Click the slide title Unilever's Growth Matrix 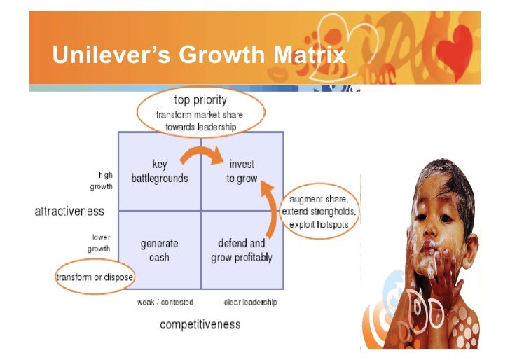(200, 55)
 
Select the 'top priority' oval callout (200, 113)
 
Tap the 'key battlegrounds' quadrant (160, 171)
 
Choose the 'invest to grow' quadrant (242, 171)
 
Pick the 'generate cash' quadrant (160, 250)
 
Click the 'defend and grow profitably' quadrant (242, 250)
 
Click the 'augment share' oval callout (319, 212)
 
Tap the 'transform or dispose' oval (95, 277)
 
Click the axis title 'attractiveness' (69, 211)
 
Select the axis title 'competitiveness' (200, 324)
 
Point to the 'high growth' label (101, 181)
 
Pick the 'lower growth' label (99, 243)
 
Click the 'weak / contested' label (165, 303)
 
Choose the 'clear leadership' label (250, 303)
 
